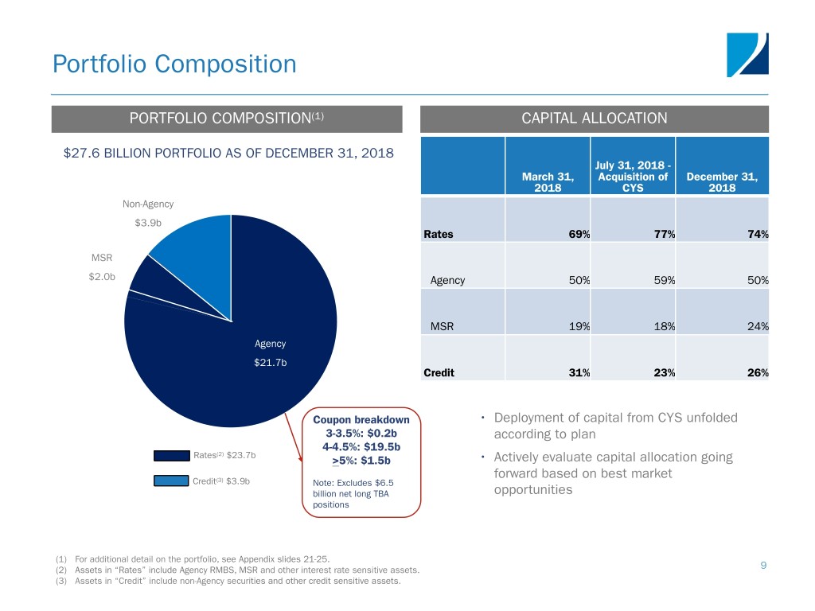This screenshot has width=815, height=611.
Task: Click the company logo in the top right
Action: (x=747, y=55)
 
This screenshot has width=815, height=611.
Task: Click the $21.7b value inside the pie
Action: (x=271, y=363)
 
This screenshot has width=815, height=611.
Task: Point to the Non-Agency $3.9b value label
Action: (x=148, y=223)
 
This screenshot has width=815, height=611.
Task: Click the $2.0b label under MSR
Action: (x=102, y=276)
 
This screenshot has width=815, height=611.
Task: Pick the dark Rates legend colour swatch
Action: (x=172, y=456)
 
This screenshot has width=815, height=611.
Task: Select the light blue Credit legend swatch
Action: (x=171, y=481)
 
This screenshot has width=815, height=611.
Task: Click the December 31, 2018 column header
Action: (x=722, y=182)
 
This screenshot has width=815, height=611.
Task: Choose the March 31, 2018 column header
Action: (x=548, y=182)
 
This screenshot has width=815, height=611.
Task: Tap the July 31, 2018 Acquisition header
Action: (x=633, y=177)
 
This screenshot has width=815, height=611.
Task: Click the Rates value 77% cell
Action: (x=665, y=235)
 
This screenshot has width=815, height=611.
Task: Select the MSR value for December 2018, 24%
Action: (x=758, y=326)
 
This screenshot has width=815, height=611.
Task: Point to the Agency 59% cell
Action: (x=665, y=281)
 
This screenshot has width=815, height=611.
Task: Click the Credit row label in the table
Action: (x=439, y=372)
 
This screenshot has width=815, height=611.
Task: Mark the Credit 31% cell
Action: (x=579, y=372)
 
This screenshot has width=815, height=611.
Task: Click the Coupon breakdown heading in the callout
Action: (x=361, y=420)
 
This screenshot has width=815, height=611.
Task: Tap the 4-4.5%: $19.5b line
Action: (x=361, y=447)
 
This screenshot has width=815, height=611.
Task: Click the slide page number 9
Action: (x=763, y=566)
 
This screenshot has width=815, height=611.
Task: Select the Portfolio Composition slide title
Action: (x=174, y=64)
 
